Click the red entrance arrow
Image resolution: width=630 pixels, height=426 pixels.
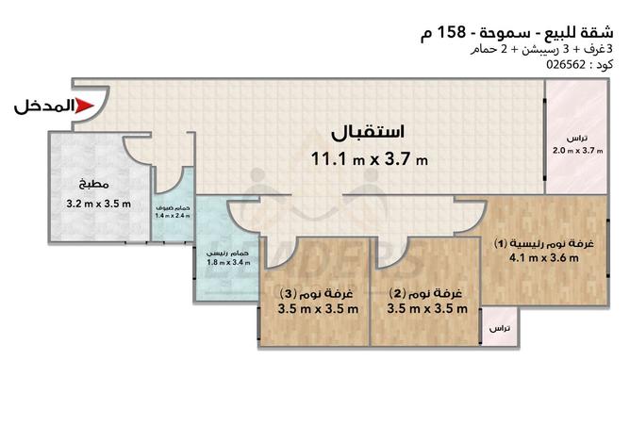[83, 106]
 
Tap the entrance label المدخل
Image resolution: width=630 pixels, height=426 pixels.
[41, 106]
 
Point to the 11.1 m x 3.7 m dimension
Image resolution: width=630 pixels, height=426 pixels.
[369, 158]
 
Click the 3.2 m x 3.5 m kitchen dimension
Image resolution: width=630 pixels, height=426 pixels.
[97, 203]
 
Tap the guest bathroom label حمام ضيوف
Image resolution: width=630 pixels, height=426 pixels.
[173, 206]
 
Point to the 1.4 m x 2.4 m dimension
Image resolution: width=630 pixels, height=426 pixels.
[173, 216]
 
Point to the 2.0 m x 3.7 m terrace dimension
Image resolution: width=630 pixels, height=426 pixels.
[576, 150]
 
